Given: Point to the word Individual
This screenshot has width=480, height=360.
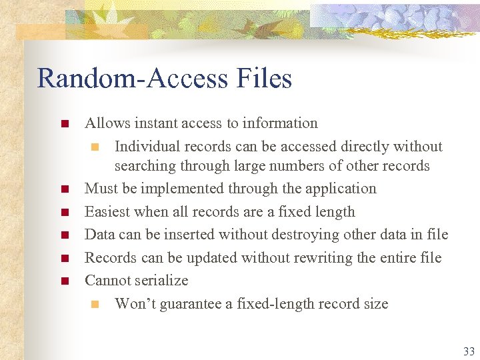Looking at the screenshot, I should click(x=147, y=146).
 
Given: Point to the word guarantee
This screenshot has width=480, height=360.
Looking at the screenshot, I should click(x=193, y=304).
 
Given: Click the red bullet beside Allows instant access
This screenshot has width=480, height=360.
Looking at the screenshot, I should click(x=64, y=124).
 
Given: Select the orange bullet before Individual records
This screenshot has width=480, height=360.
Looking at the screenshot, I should click(x=94, y=147).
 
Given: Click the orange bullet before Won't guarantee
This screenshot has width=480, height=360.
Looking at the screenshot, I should click(x=94, y=305).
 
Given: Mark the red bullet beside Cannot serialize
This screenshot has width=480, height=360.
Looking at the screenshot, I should click(x=64, y=281).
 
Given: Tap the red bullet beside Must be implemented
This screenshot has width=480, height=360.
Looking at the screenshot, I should click(x=64, y=189).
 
